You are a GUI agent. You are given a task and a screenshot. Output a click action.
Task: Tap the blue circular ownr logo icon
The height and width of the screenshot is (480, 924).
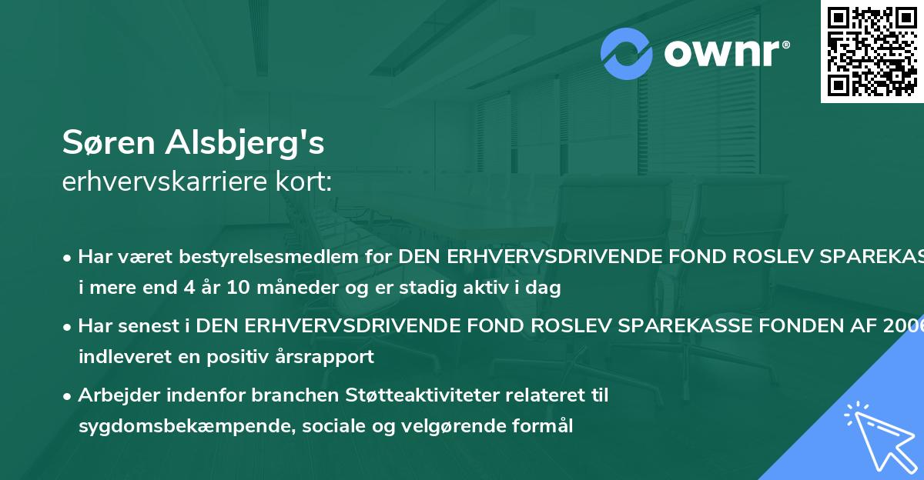click(x=627, y=54)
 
